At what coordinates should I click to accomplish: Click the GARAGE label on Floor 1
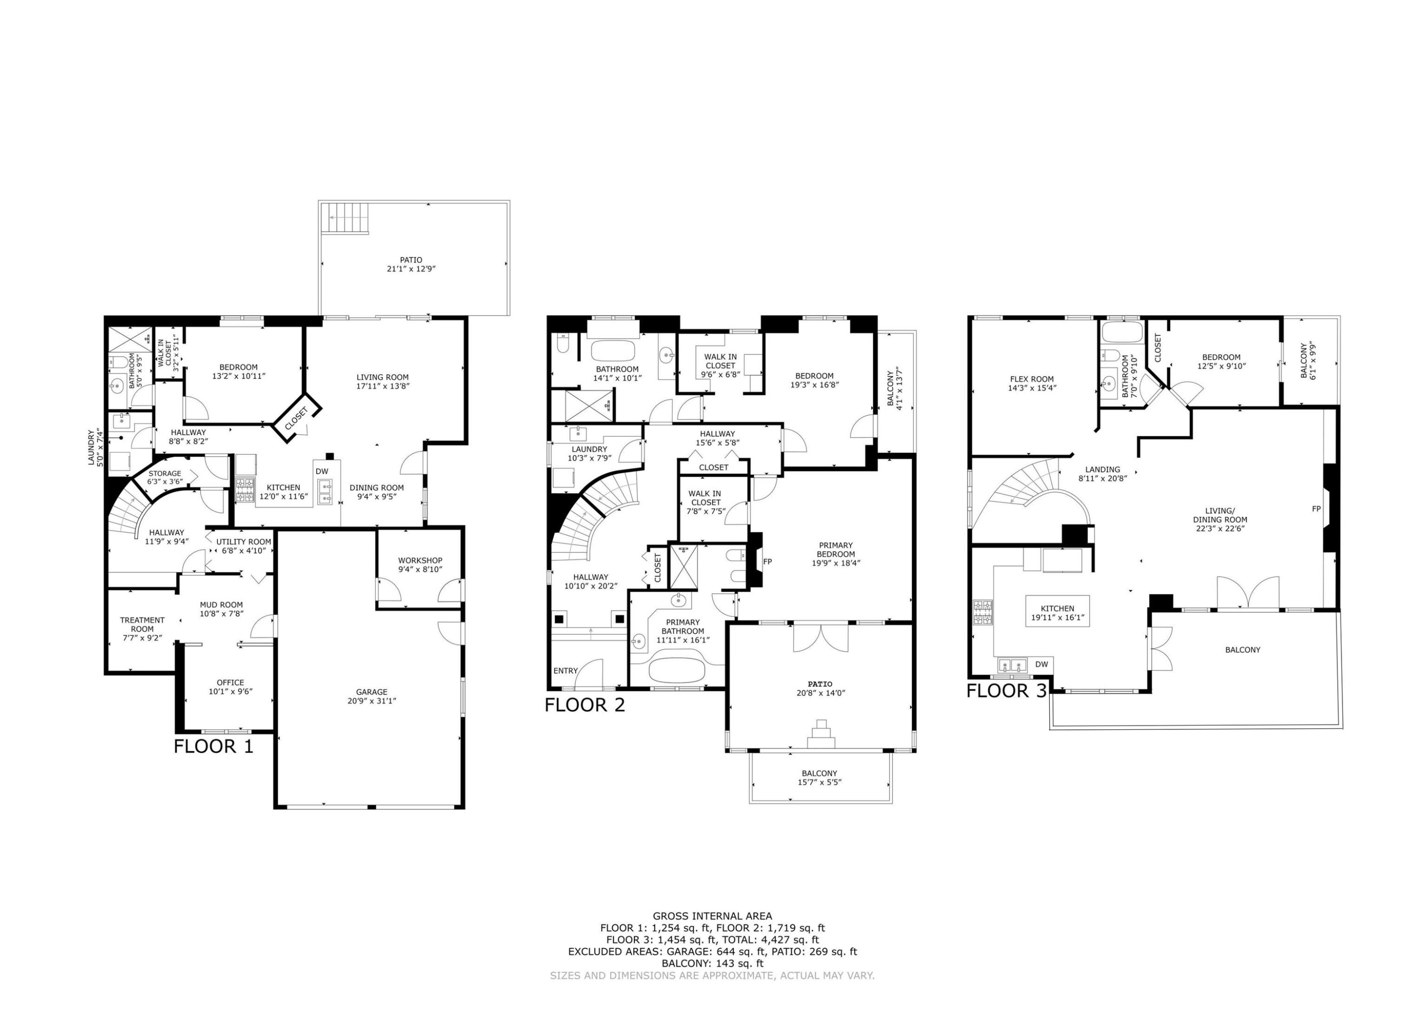pyautogui.click(x=371, y=691)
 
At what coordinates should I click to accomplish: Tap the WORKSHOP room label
pyautogui.click(x=420, y=560)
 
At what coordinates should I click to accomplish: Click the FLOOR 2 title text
pyautogui.click(x=584, y=705)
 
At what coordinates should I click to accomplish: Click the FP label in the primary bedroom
pyautogui.click(x=768, y=561)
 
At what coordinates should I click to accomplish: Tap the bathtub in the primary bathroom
pyautogui.click(x=677, y=671)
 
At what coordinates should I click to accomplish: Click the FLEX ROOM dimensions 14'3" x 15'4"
pyautogui.click(x=1032, y=388)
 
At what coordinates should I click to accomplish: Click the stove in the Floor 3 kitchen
pyautogui.click(x=983, y=612)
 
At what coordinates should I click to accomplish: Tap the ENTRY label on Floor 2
pyautogui.click(x=566, y=671)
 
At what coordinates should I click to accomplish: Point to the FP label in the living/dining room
pyautogui.click(x=1316, y=509)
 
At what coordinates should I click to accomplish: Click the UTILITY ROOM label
pyautogui.click(x=244, y=541)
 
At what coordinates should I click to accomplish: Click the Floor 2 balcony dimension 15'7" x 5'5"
pyautogui.click(x=820, y=782)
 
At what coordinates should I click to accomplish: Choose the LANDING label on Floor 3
pyautogui.click(x=1103, y=470)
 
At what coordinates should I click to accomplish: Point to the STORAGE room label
pyautogui.click(x=165, y=473)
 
